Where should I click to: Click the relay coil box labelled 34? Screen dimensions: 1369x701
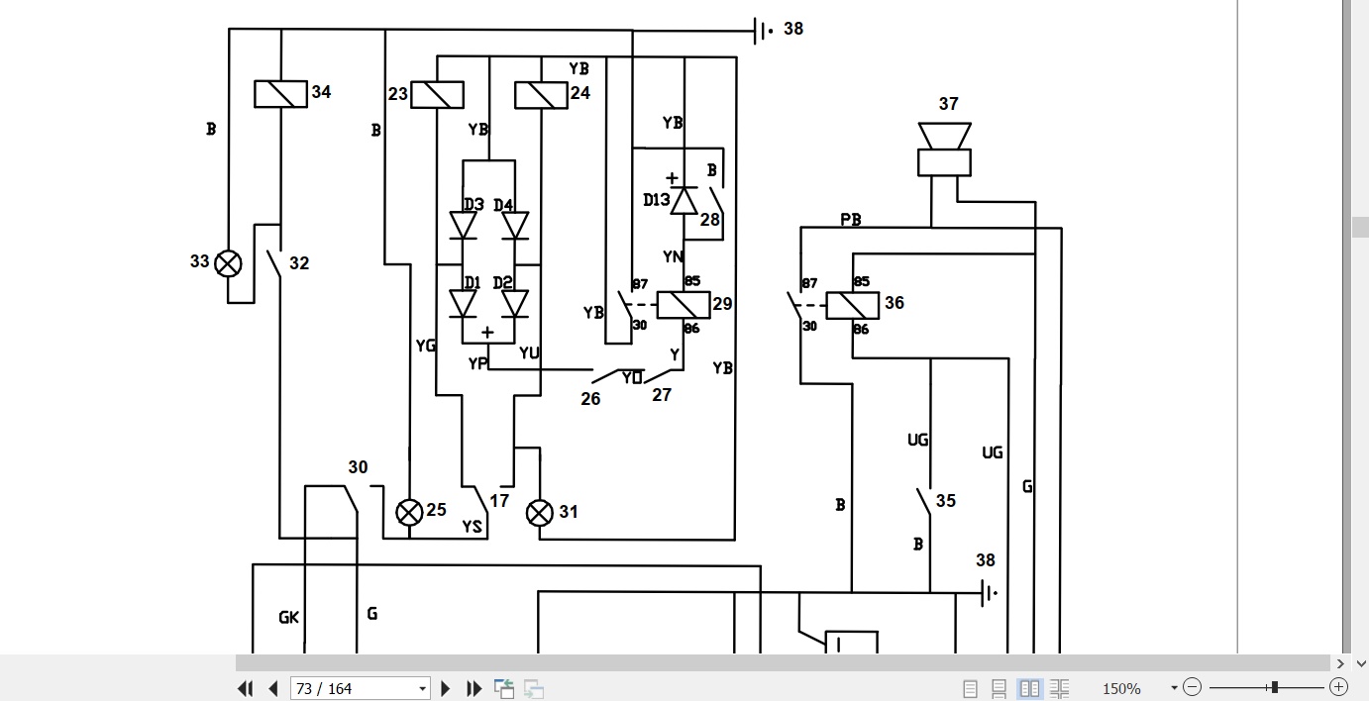coord(280,94)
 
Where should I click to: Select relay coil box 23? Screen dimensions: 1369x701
coord(437,95)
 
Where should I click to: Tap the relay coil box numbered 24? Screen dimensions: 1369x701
coord(541,95)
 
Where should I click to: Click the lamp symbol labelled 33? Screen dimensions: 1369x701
coord(228,263)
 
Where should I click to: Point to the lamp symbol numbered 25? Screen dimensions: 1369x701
coord(409,512)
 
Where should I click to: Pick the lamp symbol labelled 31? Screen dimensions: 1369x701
coord(540,513)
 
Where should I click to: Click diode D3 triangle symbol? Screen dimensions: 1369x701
coord(463,226)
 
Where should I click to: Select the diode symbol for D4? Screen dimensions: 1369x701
coord(514,226)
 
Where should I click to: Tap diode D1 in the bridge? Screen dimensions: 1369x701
coord(463,304)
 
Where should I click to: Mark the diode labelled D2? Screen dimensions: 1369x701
coord(514,304)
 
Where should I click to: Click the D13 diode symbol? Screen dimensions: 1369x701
coord(684,201)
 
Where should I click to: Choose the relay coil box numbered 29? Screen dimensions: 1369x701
coord(684,305)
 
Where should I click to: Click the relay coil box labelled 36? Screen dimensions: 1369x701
coord(853,305)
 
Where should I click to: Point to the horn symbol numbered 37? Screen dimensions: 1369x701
coord(944,150)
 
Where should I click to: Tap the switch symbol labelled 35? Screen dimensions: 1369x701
coord(924,502)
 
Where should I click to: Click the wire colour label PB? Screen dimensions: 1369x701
coord(851,219)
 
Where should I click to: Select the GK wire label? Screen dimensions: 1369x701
coord(288,618)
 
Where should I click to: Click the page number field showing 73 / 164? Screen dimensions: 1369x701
coord(360,689)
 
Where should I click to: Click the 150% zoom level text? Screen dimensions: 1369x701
coord(1121,689)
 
